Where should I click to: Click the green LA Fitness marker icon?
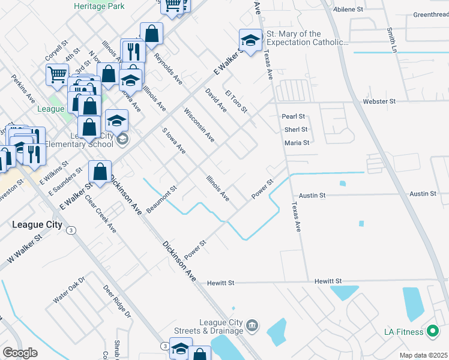click(432, 331)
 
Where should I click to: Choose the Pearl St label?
click(294, 116)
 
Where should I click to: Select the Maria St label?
click(297, 143)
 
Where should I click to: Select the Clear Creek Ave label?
click(100, 214)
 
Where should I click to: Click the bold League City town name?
click(37, 224)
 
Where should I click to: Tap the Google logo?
click(20, 352)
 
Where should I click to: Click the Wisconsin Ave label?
click(199, 125)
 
